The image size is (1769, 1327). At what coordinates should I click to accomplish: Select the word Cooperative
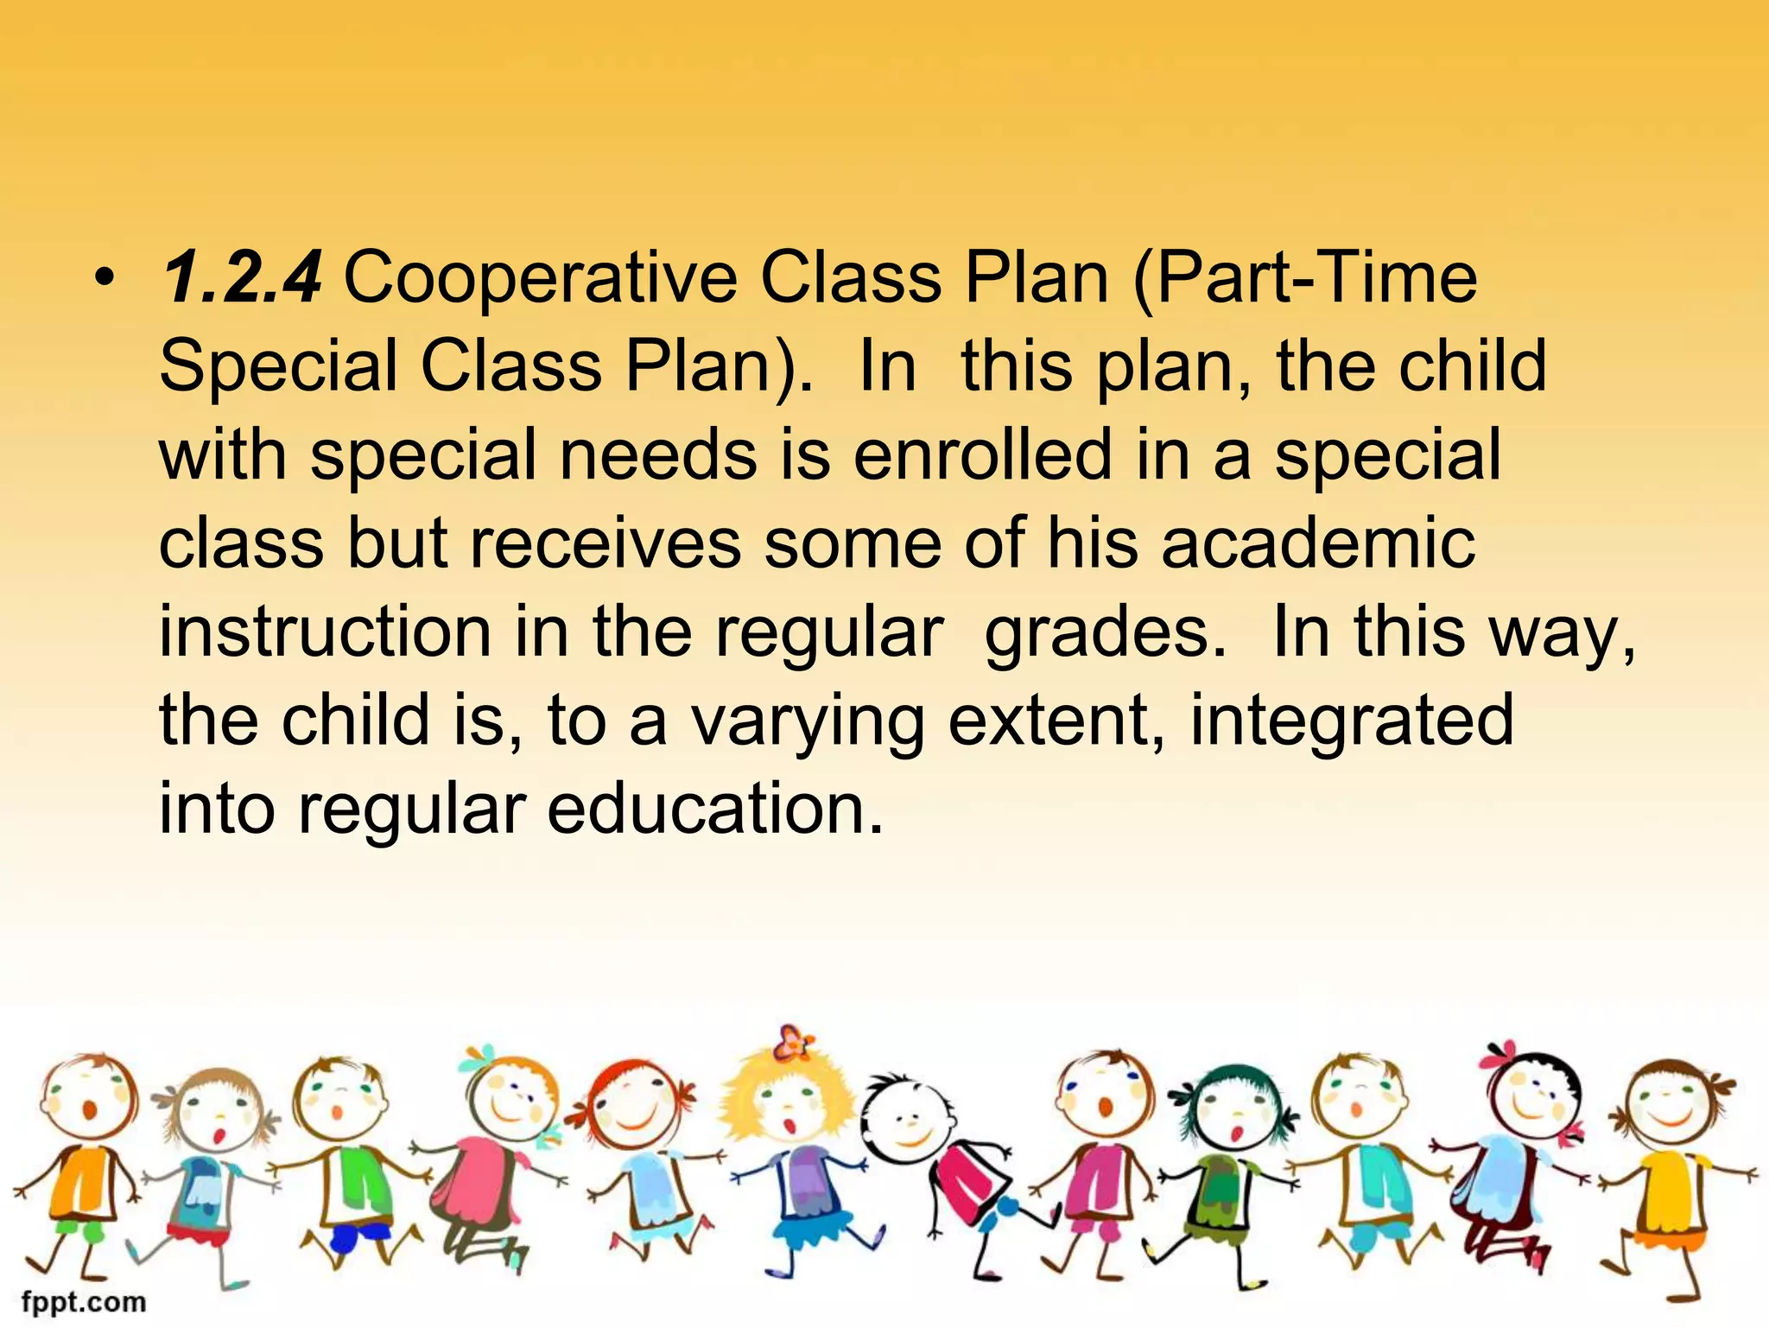click(x=541, y=278)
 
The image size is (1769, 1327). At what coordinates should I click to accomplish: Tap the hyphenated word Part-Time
click(x=1304, y=278)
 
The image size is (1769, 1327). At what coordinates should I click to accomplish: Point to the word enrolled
click(x=982, y=456)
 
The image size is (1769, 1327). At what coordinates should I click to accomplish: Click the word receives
click(x=605, y=544)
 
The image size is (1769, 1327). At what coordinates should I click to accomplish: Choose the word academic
click(x=1318, y=544)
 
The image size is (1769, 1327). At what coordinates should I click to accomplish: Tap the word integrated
click(x=1352, y=722)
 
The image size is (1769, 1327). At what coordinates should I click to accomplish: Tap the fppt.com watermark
click(x=84, y=1300)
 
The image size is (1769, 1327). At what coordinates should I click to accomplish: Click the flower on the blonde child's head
click(x=792, y=1044)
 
